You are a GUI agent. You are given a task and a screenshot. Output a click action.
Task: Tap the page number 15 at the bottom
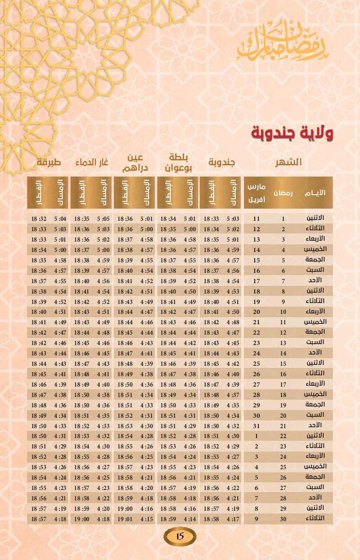tap(180, 537)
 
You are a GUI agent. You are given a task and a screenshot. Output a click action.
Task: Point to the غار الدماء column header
tap(92, 162)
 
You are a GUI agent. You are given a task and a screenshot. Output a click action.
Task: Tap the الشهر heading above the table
tap(289, 162)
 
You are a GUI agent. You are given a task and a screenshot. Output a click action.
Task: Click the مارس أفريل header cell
tap(257, 193)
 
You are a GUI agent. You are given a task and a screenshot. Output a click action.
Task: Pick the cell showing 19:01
tap(125, 519)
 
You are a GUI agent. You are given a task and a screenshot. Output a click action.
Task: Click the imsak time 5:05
tap(103, 219)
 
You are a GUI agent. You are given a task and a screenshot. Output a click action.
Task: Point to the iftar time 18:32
tap(38, 219)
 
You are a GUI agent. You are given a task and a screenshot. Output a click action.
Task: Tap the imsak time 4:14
tap(190, 519)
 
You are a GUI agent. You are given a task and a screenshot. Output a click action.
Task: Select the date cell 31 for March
tap(257, 426)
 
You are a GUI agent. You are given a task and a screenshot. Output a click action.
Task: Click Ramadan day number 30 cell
tap(283, 519)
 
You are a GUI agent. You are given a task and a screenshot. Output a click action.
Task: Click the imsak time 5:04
tap(60, 219)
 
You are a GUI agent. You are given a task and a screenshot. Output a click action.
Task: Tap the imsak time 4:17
tap(233, 519)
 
